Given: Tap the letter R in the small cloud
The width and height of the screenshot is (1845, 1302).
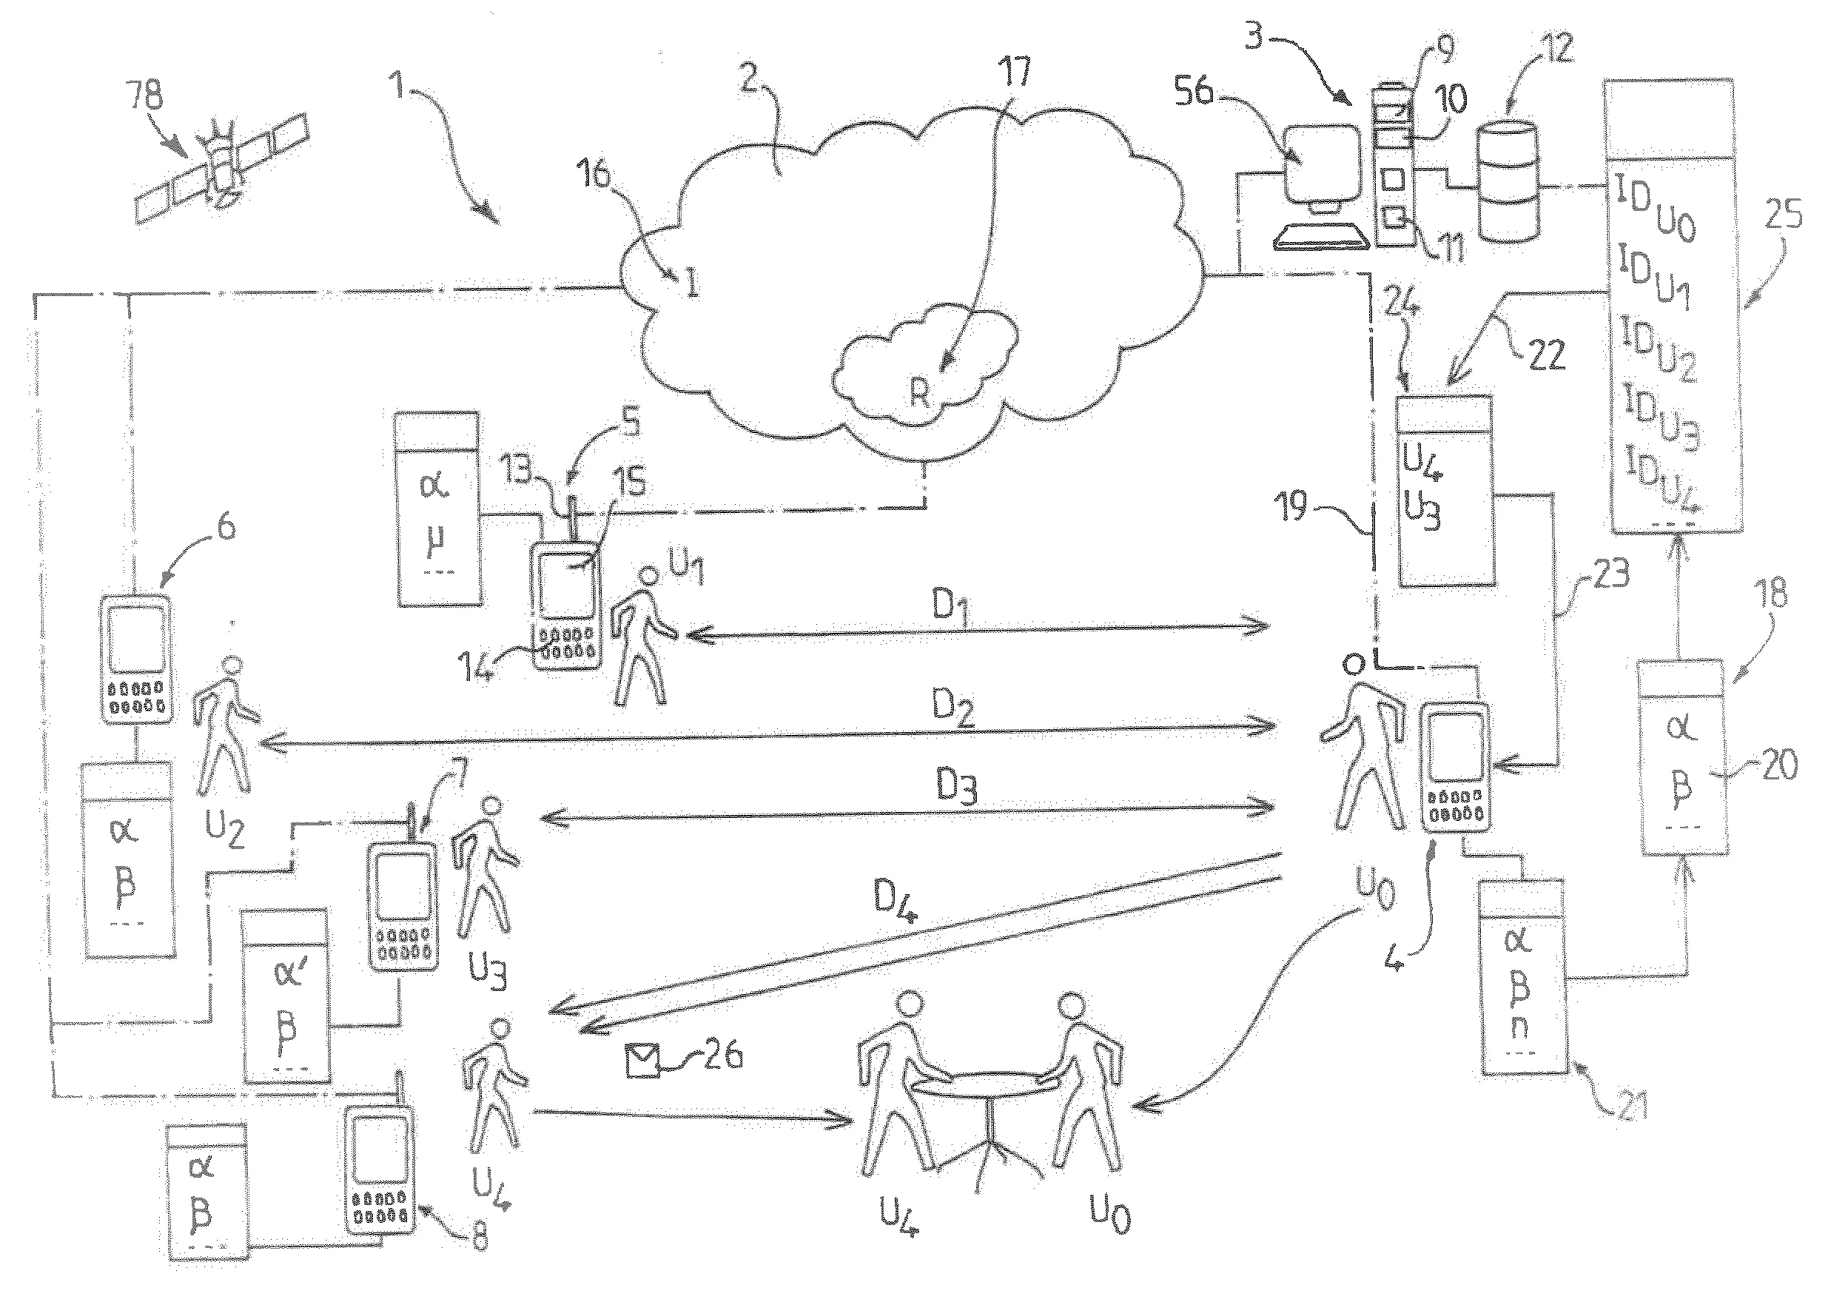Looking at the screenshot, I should click(x=919, y=394).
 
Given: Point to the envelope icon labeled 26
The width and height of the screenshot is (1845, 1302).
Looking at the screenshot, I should click(x=642, y=1060).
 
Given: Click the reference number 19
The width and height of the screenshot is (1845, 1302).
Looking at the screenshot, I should click(x=1293, y=508).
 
